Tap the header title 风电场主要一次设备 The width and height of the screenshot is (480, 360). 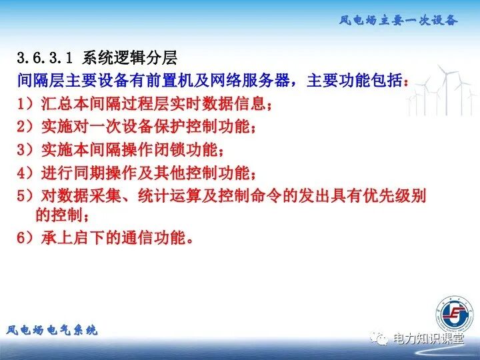coord(399,20)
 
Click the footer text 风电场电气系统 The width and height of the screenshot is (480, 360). coord(52,330)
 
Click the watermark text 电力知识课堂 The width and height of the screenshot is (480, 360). coord(428,339)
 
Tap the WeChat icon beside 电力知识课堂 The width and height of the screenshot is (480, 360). coord(380,339)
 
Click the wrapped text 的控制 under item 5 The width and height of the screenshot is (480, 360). coord(59,215)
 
